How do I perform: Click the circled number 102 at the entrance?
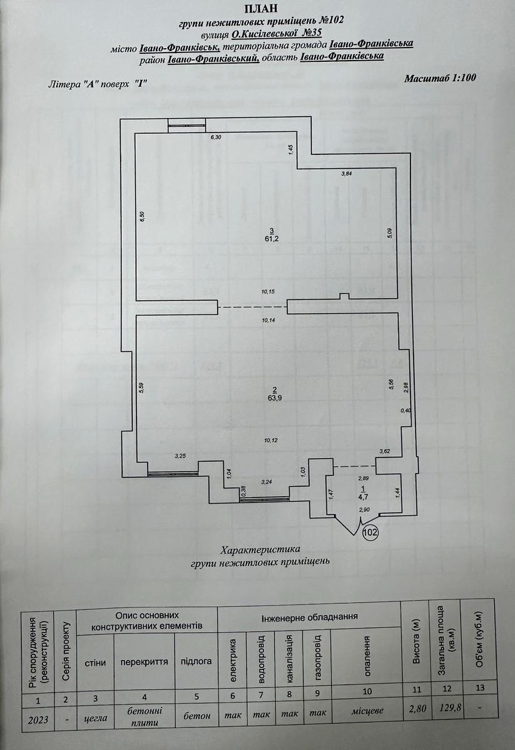(x=371, y=532)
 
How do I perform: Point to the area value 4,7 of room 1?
(x=362, y=497)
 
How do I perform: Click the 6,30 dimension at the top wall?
(x=217, y=137)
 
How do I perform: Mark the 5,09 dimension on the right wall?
(x=389, y=232)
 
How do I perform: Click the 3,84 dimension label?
(x=346, y=174)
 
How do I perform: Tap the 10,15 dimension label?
(x=268, y=292)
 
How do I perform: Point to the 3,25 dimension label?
(x=180, y=456)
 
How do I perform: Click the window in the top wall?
(x=186, y=126)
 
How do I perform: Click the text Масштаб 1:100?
(x=441, y=78)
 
